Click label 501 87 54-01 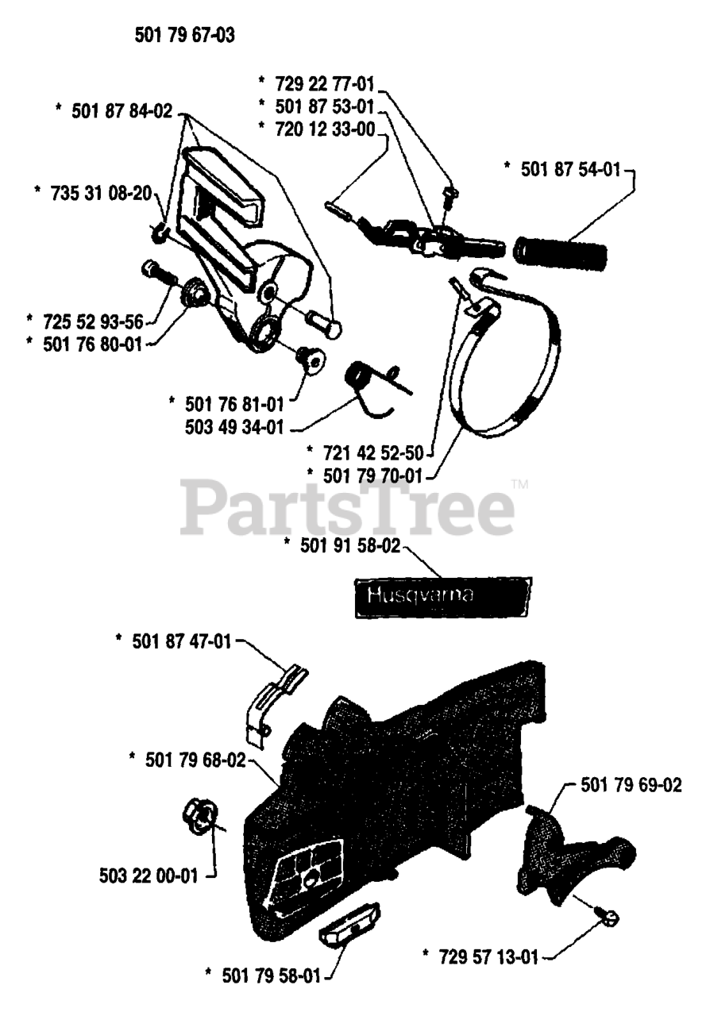pyautogui.click(x=570, y=169)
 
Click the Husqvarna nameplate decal pyautogui.click(x=442, y=597)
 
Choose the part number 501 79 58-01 pyautogui.click(x=268, y=973)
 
